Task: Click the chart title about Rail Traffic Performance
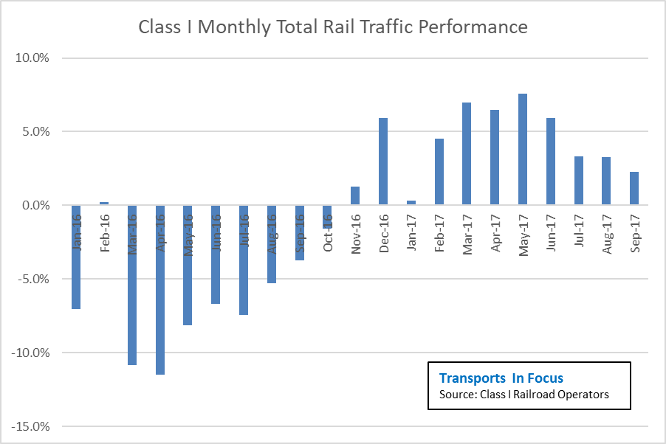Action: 333,27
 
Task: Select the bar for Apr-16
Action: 160,290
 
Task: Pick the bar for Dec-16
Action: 383,162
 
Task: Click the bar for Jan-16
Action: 76,257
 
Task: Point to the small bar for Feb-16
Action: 104,204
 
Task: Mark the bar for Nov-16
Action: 355,196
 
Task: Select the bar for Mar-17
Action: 467,154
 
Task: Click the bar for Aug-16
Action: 272,244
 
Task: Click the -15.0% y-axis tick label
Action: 30,426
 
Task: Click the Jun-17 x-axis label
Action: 551,232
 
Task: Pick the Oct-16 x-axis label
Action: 328,232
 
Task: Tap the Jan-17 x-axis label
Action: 411,232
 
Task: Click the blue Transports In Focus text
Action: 501,378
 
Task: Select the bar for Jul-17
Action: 578,181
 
